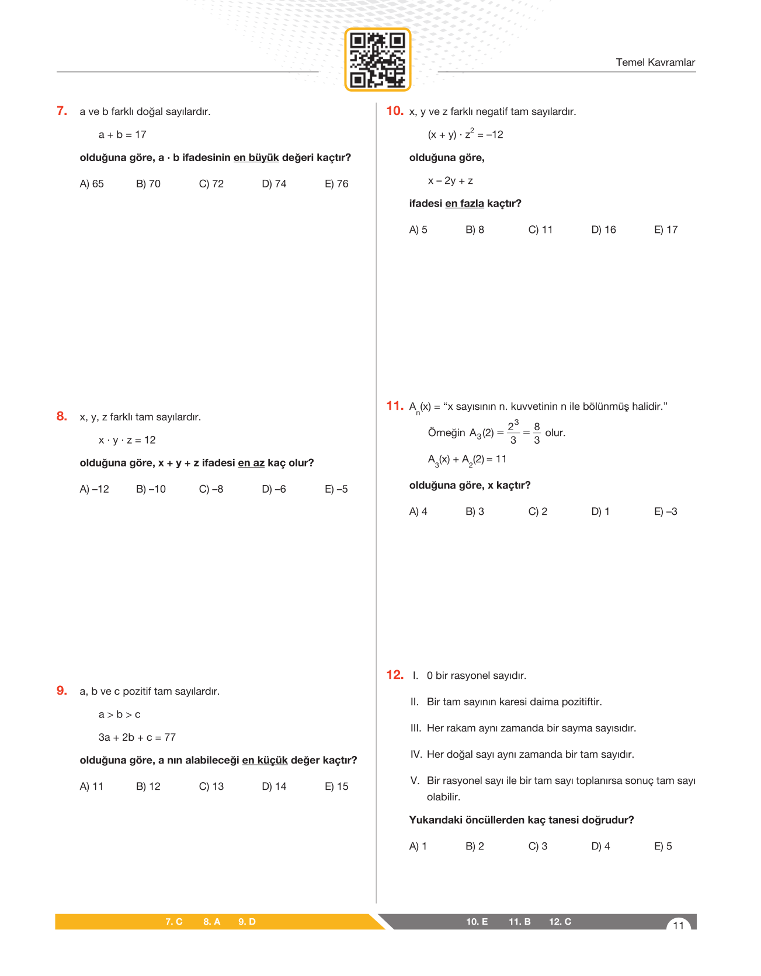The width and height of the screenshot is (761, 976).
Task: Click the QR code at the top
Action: pyautogui.click(x=378, y=60)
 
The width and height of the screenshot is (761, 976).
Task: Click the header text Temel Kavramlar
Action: pyautogui.click(x=655, y=62)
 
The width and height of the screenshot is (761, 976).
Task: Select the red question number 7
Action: pyautogui.click(x=62, y=111)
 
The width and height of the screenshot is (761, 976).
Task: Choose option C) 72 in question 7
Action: pyautogui.click(x=211, y=184)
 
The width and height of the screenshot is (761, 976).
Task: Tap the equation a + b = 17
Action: pyautogui.click(x=123, y=135)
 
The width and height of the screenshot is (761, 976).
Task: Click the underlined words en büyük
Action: pyautogui.click(x=256, y=158)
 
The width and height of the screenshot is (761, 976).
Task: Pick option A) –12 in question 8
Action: pyautogui.click(x=94, y=489)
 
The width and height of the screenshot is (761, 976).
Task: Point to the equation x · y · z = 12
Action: pyautogui.click(x=127, y=440)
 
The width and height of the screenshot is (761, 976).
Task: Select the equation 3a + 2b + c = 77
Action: pyautogui.click(x=137, y=737)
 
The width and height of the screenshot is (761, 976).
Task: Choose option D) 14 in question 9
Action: pyautogui.click(x=274, y=786)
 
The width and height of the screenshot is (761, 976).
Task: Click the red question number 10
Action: pyautogui.click(x=395, y=111)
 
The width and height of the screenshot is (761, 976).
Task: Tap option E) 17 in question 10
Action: pyautogui.click(x=666, y=230)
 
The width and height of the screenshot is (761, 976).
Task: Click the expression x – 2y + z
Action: pyautogui.click(x=450, y=181)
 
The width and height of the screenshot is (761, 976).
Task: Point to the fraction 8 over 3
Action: pyautogui.click(x=537, y=433)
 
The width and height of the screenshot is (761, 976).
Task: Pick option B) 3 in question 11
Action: pyautogui.click(x=475, y=512)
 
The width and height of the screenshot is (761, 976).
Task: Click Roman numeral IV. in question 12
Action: pyautogui.click(x=416, y=754)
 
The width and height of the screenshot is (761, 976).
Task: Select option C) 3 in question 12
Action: pyautogui.click(x=538, y=846)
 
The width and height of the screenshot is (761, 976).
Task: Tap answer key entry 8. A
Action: pyautogui.click(x=211, y=922)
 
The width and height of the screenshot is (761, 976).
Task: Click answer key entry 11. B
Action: pyautogui.click(x=519, y=922)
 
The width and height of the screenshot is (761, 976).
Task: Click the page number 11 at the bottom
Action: pyautogui.click(x=678, y=925)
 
